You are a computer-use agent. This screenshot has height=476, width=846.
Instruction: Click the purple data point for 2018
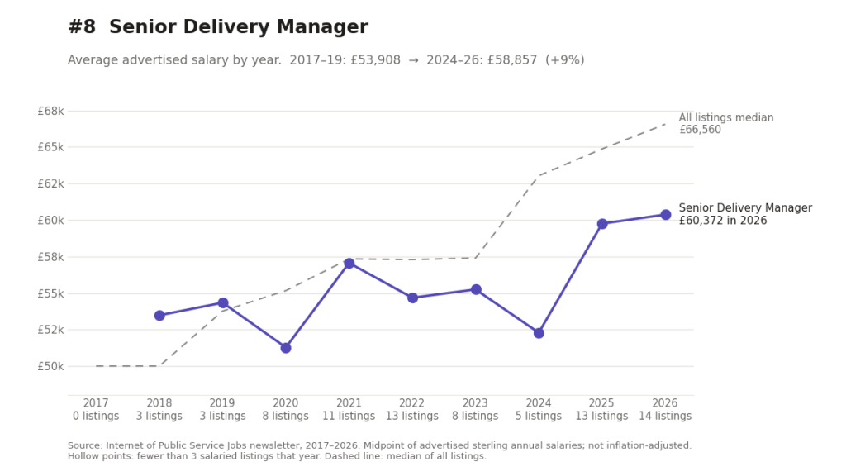click(159, 315)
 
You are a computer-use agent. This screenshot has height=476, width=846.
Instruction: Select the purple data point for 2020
click(286, 348)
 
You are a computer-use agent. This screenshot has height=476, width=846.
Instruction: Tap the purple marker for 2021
click(349, 264)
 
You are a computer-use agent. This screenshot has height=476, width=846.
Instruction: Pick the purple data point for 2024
click(539, 333)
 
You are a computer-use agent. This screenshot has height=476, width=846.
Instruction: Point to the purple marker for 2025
click(602, 223)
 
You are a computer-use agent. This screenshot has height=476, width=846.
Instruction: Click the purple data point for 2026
click(665, 215)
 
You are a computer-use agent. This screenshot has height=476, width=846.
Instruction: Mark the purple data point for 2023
click(476, 290)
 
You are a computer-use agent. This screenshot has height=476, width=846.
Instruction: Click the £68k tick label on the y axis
click(50, 112)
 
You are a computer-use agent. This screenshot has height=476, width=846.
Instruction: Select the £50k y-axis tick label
click(50, 366)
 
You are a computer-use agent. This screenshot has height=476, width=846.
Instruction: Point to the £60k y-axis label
click(50, 220)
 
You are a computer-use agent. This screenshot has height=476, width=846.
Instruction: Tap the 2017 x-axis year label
click(96, 403)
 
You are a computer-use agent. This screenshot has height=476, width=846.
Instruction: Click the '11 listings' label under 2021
click(349, 416)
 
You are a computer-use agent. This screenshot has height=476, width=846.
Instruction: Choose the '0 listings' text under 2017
click(96, 416)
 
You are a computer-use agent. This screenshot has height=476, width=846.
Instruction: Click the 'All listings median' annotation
click(725, 117)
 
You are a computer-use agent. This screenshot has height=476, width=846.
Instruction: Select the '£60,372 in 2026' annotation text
click(722, 221)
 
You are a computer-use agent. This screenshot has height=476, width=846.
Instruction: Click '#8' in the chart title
click(82, 27)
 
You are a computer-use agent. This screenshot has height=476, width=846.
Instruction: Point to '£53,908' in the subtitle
click(376, 59)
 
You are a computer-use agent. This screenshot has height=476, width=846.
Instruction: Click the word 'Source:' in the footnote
click(85, 445)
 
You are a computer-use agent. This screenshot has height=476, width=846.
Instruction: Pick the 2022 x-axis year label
click(411, 403)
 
